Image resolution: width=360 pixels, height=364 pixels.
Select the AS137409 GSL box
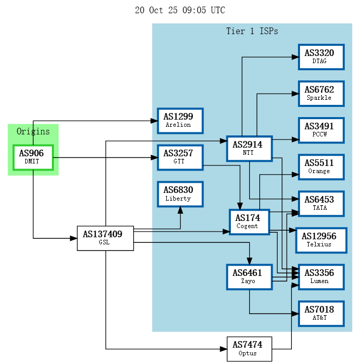(x=105, y=238)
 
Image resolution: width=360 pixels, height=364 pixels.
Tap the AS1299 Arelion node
(x=180, y=121)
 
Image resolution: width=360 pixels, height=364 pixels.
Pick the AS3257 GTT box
(x=180, y=157)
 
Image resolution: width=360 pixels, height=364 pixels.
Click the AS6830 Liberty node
(x=180, y=194)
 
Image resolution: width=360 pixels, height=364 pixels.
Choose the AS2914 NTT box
(x=249, y=149)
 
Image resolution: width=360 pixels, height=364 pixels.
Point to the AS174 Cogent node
(x=249, y=222)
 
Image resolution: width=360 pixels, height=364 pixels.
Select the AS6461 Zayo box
(x=249, y=277)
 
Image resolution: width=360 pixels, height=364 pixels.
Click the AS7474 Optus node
(x=249, y=349)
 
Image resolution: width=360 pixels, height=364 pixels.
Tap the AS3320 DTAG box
(x=321, y=57)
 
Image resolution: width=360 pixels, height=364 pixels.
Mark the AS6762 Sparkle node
(x=321, y=94)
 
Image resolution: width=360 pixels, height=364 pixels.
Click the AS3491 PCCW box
(x=321, y=130)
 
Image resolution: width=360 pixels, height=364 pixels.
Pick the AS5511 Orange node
(x=321, y=167)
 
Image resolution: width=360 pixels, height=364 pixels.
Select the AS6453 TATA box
(x=321, y=204)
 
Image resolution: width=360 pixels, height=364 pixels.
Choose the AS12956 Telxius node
(x=321, y=240)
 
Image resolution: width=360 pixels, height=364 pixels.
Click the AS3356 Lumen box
(x=321, y=277)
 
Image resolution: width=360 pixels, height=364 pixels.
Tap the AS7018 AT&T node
(x=321, y=314)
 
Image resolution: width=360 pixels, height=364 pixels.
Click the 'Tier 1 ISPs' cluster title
(x=252, y=32)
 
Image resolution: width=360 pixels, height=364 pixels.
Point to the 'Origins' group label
(x=33, y=131)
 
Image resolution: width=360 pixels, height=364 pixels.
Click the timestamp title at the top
(x=180, y=10)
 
